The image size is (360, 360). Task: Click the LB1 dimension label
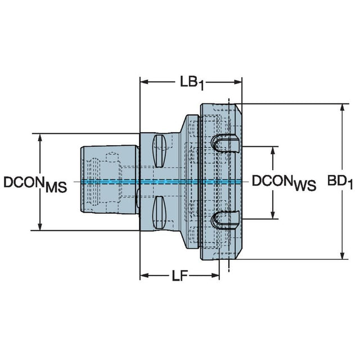point(192,83)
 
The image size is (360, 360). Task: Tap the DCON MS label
point(35,184)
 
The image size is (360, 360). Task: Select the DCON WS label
point(284,182)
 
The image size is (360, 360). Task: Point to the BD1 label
point(340,182)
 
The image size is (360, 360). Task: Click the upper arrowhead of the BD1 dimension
point(342,107)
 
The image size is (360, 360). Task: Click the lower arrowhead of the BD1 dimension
point(342,255)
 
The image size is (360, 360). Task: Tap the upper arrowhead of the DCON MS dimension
point(40,137)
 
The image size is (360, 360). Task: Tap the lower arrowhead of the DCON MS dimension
point(40,226)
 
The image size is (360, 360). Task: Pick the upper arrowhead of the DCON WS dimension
point(273,150)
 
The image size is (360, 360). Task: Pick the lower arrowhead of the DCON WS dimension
point(273,215)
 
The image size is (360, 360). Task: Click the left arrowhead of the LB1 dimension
point(144,82)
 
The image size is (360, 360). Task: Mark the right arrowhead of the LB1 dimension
point(238,82)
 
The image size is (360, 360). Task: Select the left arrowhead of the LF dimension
point(144,275)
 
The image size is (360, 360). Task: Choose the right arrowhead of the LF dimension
point(215,275)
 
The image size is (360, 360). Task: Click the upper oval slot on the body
point(159,151)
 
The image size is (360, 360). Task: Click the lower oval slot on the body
point(159,213)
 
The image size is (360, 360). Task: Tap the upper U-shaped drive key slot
point(225,143)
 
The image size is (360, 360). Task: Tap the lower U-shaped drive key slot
point(225,220)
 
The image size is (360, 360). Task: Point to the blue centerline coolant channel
point(161,182)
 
